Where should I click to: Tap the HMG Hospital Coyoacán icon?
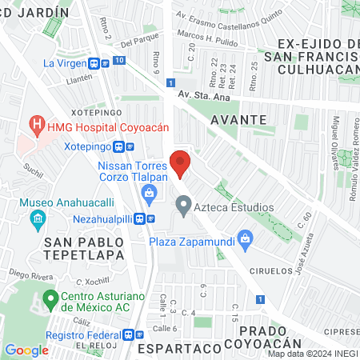(36, 125)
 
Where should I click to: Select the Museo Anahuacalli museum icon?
(37, 218)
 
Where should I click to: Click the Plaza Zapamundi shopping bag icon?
(246, 238)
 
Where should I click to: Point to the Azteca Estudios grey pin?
(184, 207)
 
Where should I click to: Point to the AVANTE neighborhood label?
(238, 118)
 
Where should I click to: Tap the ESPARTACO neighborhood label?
(178, 349)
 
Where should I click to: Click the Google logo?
(26, 350)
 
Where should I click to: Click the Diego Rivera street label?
(26, 272)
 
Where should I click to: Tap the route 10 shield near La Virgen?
(118, 60)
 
